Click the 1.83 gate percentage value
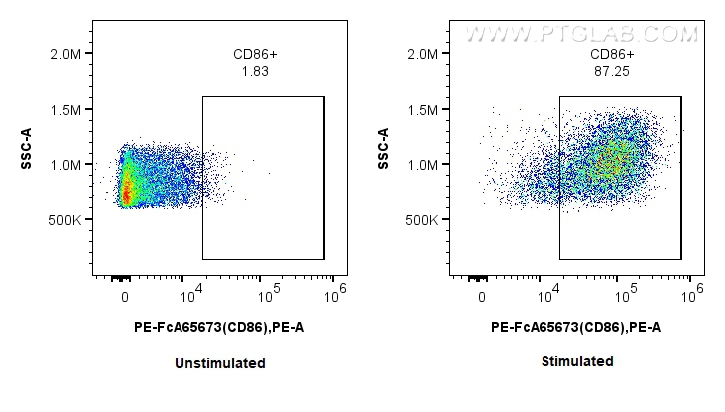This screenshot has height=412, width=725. (x=255, y=71)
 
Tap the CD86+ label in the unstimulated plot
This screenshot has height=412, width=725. (x=255, y=55)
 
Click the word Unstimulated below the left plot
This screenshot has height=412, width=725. (x=219, y=363)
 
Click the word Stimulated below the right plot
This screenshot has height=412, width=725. (x=577, y=361)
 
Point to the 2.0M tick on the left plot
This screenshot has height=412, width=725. (x=67, y=54)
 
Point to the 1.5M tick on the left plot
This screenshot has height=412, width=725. (x=67, y=109)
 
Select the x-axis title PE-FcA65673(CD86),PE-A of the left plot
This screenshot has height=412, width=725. (x=219, y=326)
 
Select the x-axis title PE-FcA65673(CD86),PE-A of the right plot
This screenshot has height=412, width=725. (x=576, y=326)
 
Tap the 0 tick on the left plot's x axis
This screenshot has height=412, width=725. (x=125, y=297)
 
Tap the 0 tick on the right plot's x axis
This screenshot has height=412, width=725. (x=482, y=297)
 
